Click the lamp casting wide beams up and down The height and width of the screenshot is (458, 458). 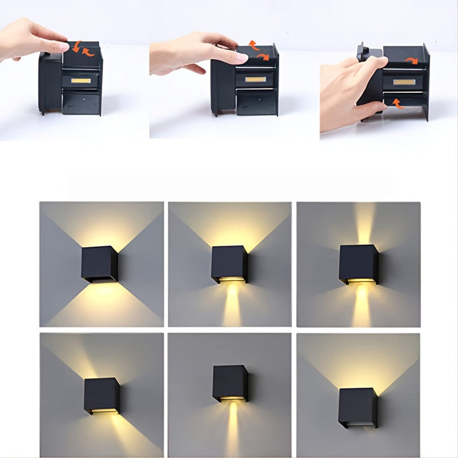(99, 264)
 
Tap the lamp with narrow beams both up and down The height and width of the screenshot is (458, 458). (359, 264)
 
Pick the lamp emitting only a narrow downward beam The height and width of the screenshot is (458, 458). (230, 383)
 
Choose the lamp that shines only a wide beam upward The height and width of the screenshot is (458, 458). (357, 407)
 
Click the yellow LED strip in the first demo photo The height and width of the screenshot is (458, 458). (80, 81)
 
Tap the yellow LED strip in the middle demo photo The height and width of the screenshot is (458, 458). (255, 80)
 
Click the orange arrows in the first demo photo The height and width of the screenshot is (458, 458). (83, 48)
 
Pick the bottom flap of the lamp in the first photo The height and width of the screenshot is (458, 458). (81, 104)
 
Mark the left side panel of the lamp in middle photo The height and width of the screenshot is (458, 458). (223, 86)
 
